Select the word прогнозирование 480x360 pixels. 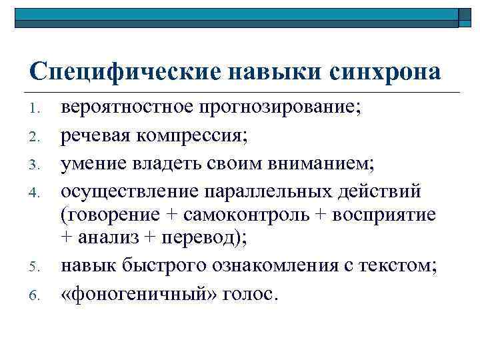[281, 107]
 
